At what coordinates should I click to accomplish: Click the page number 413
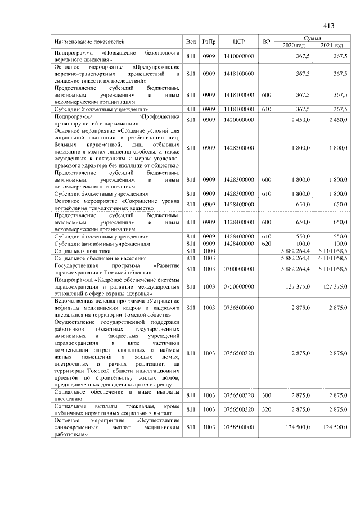tap(329, 25)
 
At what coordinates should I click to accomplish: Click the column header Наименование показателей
tap(90, 42)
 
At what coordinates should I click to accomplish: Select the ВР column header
tap(267, 42)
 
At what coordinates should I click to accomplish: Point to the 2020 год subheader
tap(293, 45)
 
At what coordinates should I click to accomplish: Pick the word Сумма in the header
tap(312, 37)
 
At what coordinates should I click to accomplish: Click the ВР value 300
tap(267, 396)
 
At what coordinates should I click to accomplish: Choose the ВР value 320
tap(267, 409)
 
